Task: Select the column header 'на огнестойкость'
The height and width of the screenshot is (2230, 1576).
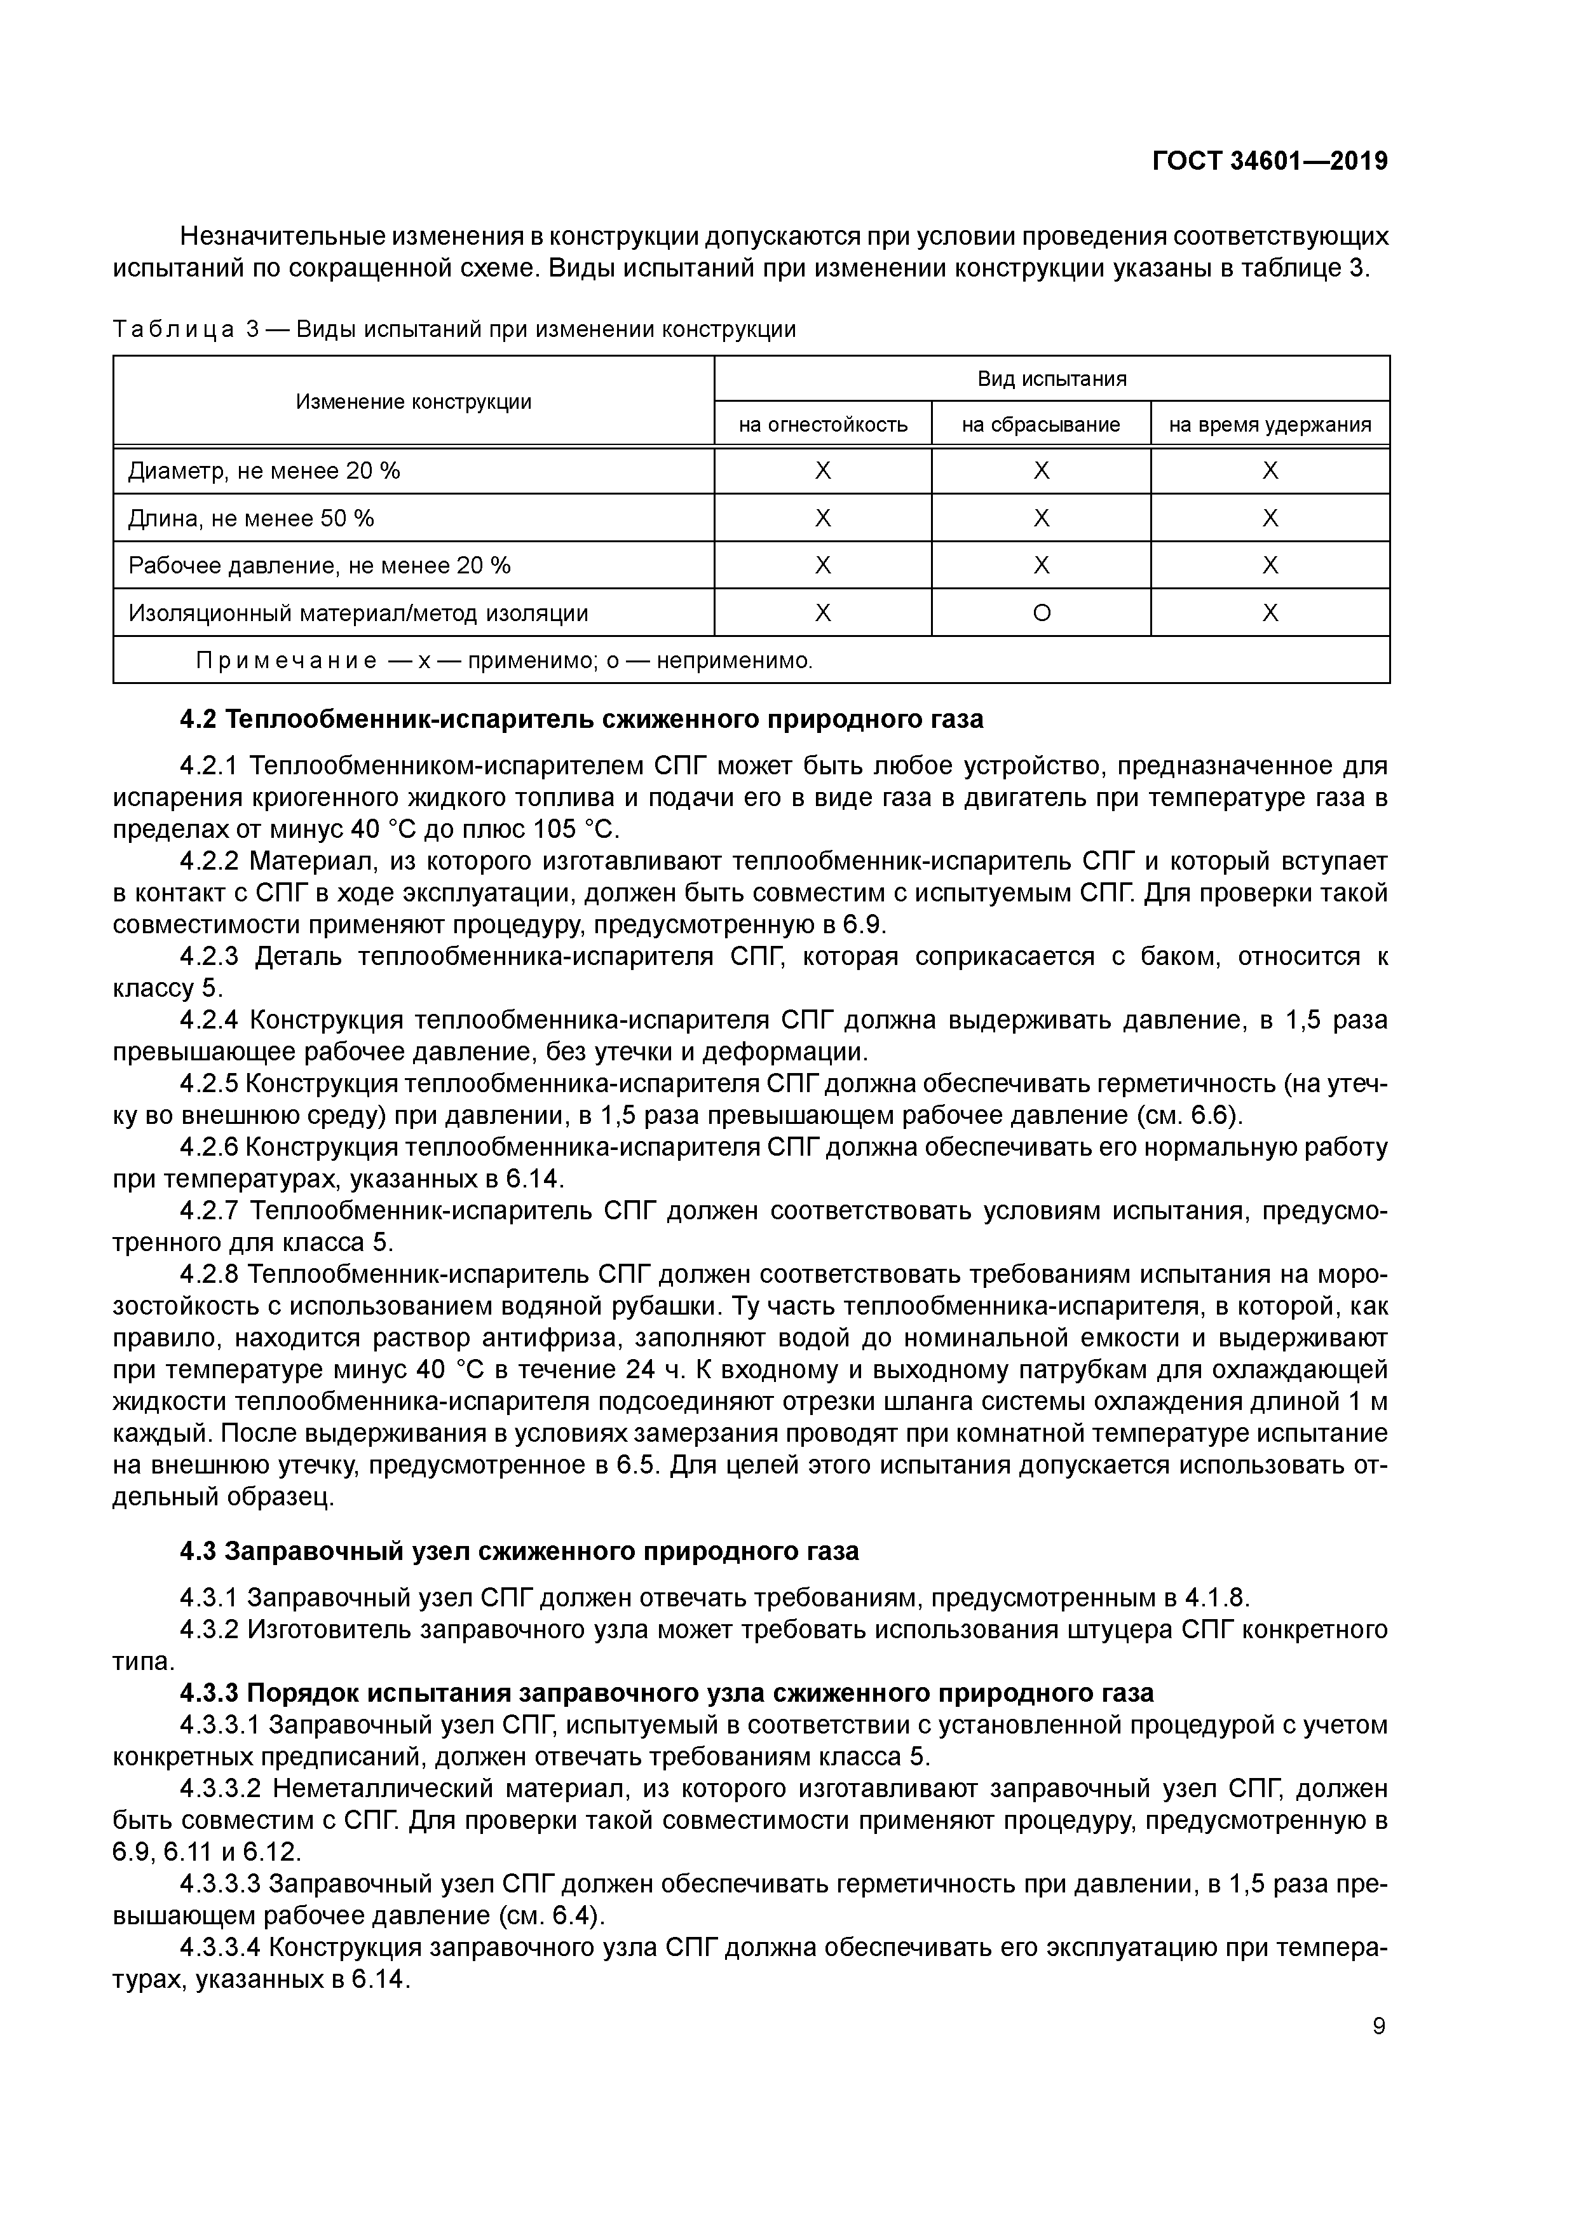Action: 822,425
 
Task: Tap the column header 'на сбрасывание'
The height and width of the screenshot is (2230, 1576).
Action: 1041,425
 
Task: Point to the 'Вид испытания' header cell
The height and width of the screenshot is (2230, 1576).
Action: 1052,379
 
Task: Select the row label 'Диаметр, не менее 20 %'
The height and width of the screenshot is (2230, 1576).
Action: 264,471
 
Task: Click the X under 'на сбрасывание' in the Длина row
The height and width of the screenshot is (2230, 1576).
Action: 1041,519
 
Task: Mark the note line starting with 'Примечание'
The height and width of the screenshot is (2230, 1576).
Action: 503,661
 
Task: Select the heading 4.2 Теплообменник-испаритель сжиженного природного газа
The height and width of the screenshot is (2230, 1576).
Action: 581,720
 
